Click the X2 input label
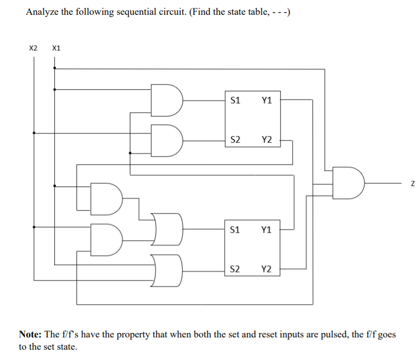click(x=33, y=48)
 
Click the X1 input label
click(x=56, y=48)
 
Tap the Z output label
click(x=412, y=184)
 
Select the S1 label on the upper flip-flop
click(x=235, y=100)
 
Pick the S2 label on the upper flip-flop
click(x=235, y=140)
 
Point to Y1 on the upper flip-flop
click(x=267, y=100)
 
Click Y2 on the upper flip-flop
click(x=267, y=140)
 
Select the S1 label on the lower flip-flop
click(x=235, y=229)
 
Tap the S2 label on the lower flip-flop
click(x=235, y=269)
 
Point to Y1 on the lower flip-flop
click(x=267, y=229)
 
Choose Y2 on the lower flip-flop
click(x=267, y=269)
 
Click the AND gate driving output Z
click(x=349, y=183)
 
